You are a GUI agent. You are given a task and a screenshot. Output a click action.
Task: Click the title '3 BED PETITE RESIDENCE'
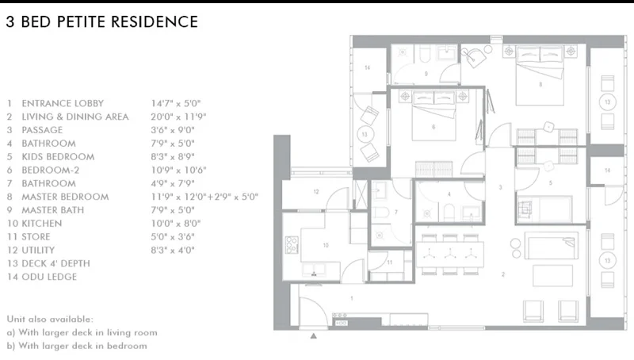tap(102, 22)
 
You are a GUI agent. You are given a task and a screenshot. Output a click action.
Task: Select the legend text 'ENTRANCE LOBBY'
tap(63, 104)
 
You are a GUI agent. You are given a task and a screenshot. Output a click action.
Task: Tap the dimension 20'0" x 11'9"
tap(178, 117)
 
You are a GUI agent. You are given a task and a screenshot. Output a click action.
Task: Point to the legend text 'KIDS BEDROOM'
tap(58, 157)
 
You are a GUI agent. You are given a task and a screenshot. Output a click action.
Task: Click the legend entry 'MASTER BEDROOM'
tap(65, 197)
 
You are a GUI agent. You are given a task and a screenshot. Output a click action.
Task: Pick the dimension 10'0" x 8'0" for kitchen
tap(175, 224)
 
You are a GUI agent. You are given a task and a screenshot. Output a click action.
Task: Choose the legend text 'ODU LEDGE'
tap(49, 277)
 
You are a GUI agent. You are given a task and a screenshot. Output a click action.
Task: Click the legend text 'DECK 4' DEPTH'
tap(55, 264)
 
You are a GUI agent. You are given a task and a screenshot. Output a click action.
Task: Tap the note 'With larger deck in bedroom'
tap(83, 346)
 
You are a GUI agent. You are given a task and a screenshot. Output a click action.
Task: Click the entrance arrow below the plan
tap(313, 335)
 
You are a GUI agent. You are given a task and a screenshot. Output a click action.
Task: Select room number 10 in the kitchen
tap(326, 245)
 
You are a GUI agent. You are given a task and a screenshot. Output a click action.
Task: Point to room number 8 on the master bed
tap(540, 85)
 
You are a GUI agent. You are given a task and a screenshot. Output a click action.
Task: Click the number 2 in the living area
tap(503, 274)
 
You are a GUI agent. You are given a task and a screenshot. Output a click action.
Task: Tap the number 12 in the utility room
tap(316, 192)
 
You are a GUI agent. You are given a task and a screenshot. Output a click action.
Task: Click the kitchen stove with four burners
tap(292, 245)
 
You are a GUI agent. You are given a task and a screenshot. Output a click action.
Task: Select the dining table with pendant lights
tap(449, 254)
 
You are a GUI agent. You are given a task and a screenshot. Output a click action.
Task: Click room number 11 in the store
tap(389, 262)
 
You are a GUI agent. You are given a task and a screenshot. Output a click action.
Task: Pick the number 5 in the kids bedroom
tap(550, 183)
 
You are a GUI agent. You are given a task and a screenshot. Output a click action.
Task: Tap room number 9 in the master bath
tap(426, 74)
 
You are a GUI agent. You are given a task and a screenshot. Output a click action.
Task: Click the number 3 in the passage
tap(501, 187)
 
